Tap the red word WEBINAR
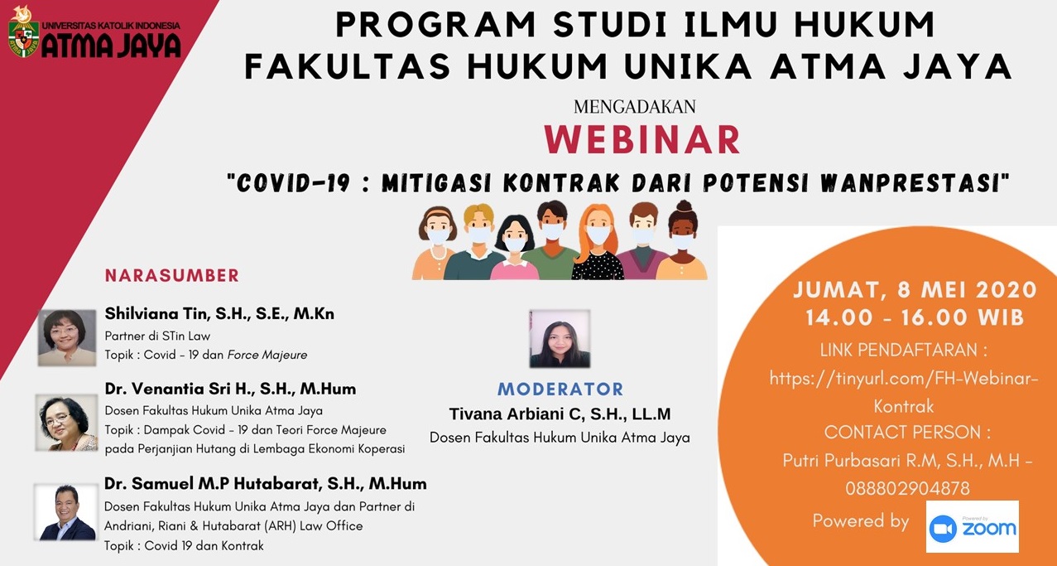(x=642, y=140)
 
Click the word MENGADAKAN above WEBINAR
(x=634, y=107)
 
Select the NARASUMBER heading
(x=172, y=275)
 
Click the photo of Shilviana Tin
(x=67, y=337)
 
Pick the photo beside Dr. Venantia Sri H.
(x=66, y=423)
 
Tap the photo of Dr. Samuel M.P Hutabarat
(x=66, y=511)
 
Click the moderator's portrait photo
(x=560, y=338)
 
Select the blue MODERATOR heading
(x=560, y=389)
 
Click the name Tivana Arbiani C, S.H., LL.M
(x=560, y=414)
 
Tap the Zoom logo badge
(x=972, y=527)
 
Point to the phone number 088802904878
(x=907, y=488)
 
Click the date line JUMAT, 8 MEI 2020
(x=915, y=289)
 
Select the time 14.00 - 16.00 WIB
(x=915, y=317)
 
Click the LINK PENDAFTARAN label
(x=903, y=350)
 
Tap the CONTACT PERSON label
(x=907, y=433)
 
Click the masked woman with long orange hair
(x=598, y=242)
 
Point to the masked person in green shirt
(x=550, y=240)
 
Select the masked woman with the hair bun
(x=682, y=240)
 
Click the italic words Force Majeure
(x=267, y=355)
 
